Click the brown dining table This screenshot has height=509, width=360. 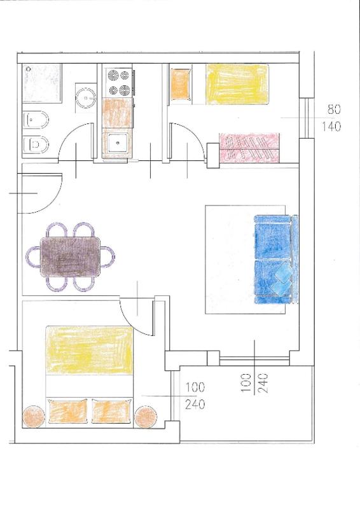click(x=70, y=257)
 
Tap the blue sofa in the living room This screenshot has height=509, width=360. click(x=276, y=259)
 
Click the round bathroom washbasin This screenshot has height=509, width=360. click(x=86, y=97)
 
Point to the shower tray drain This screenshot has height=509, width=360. click(x=29, y=69)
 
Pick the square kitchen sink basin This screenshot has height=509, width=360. click(x=118, y=143)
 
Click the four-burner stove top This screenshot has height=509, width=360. click(x=118, y=83)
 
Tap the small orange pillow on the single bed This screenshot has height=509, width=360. click(x=180, y=85)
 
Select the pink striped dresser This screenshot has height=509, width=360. click(x=249, y=148)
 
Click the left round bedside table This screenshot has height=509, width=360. click(x=34, y=417)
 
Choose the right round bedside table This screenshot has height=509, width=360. click(x=146, y=417)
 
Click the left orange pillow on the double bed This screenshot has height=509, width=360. click(x=68, y=411)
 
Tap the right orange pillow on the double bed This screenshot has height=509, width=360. click(x=112, y=411)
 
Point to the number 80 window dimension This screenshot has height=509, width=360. click(x=334, y=109)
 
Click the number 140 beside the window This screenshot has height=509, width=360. click(x=331, y=126)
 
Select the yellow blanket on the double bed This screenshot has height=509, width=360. click(x=89, y=351)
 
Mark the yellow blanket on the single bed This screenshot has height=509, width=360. click(x=237, y=85)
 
